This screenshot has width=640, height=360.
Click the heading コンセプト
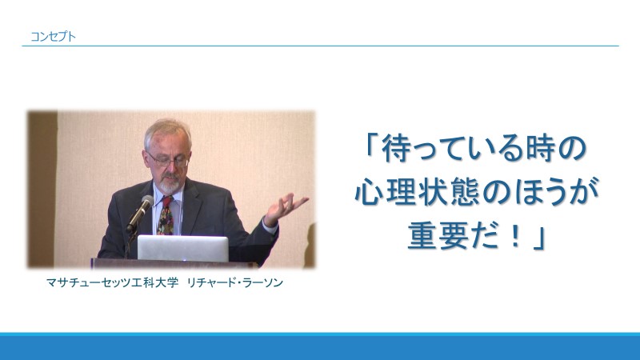[x=53, y=36]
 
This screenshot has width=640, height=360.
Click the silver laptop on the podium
[x=183, y=248]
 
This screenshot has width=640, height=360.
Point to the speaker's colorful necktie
[x=166, y=215]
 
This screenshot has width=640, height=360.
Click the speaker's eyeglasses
[x=168, y=159]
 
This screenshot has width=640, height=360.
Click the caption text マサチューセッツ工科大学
[x=112, y=282]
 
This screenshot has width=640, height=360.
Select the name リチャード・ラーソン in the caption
[x=234, y=282]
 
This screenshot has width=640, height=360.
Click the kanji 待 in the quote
[x=394, y=149]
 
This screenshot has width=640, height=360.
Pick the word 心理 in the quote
[x=386, y=191]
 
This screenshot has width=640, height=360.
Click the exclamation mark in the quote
[x=516, y=237]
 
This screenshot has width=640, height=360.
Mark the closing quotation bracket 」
[x=539, y=239]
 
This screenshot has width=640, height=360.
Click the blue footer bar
[x=320, y=346]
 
